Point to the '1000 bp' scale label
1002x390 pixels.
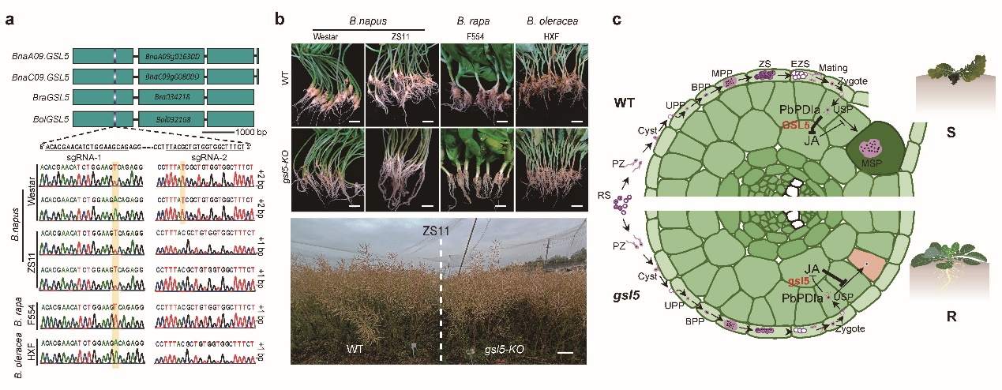click(238, 129)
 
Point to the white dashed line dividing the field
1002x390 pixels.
click(441, 300)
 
